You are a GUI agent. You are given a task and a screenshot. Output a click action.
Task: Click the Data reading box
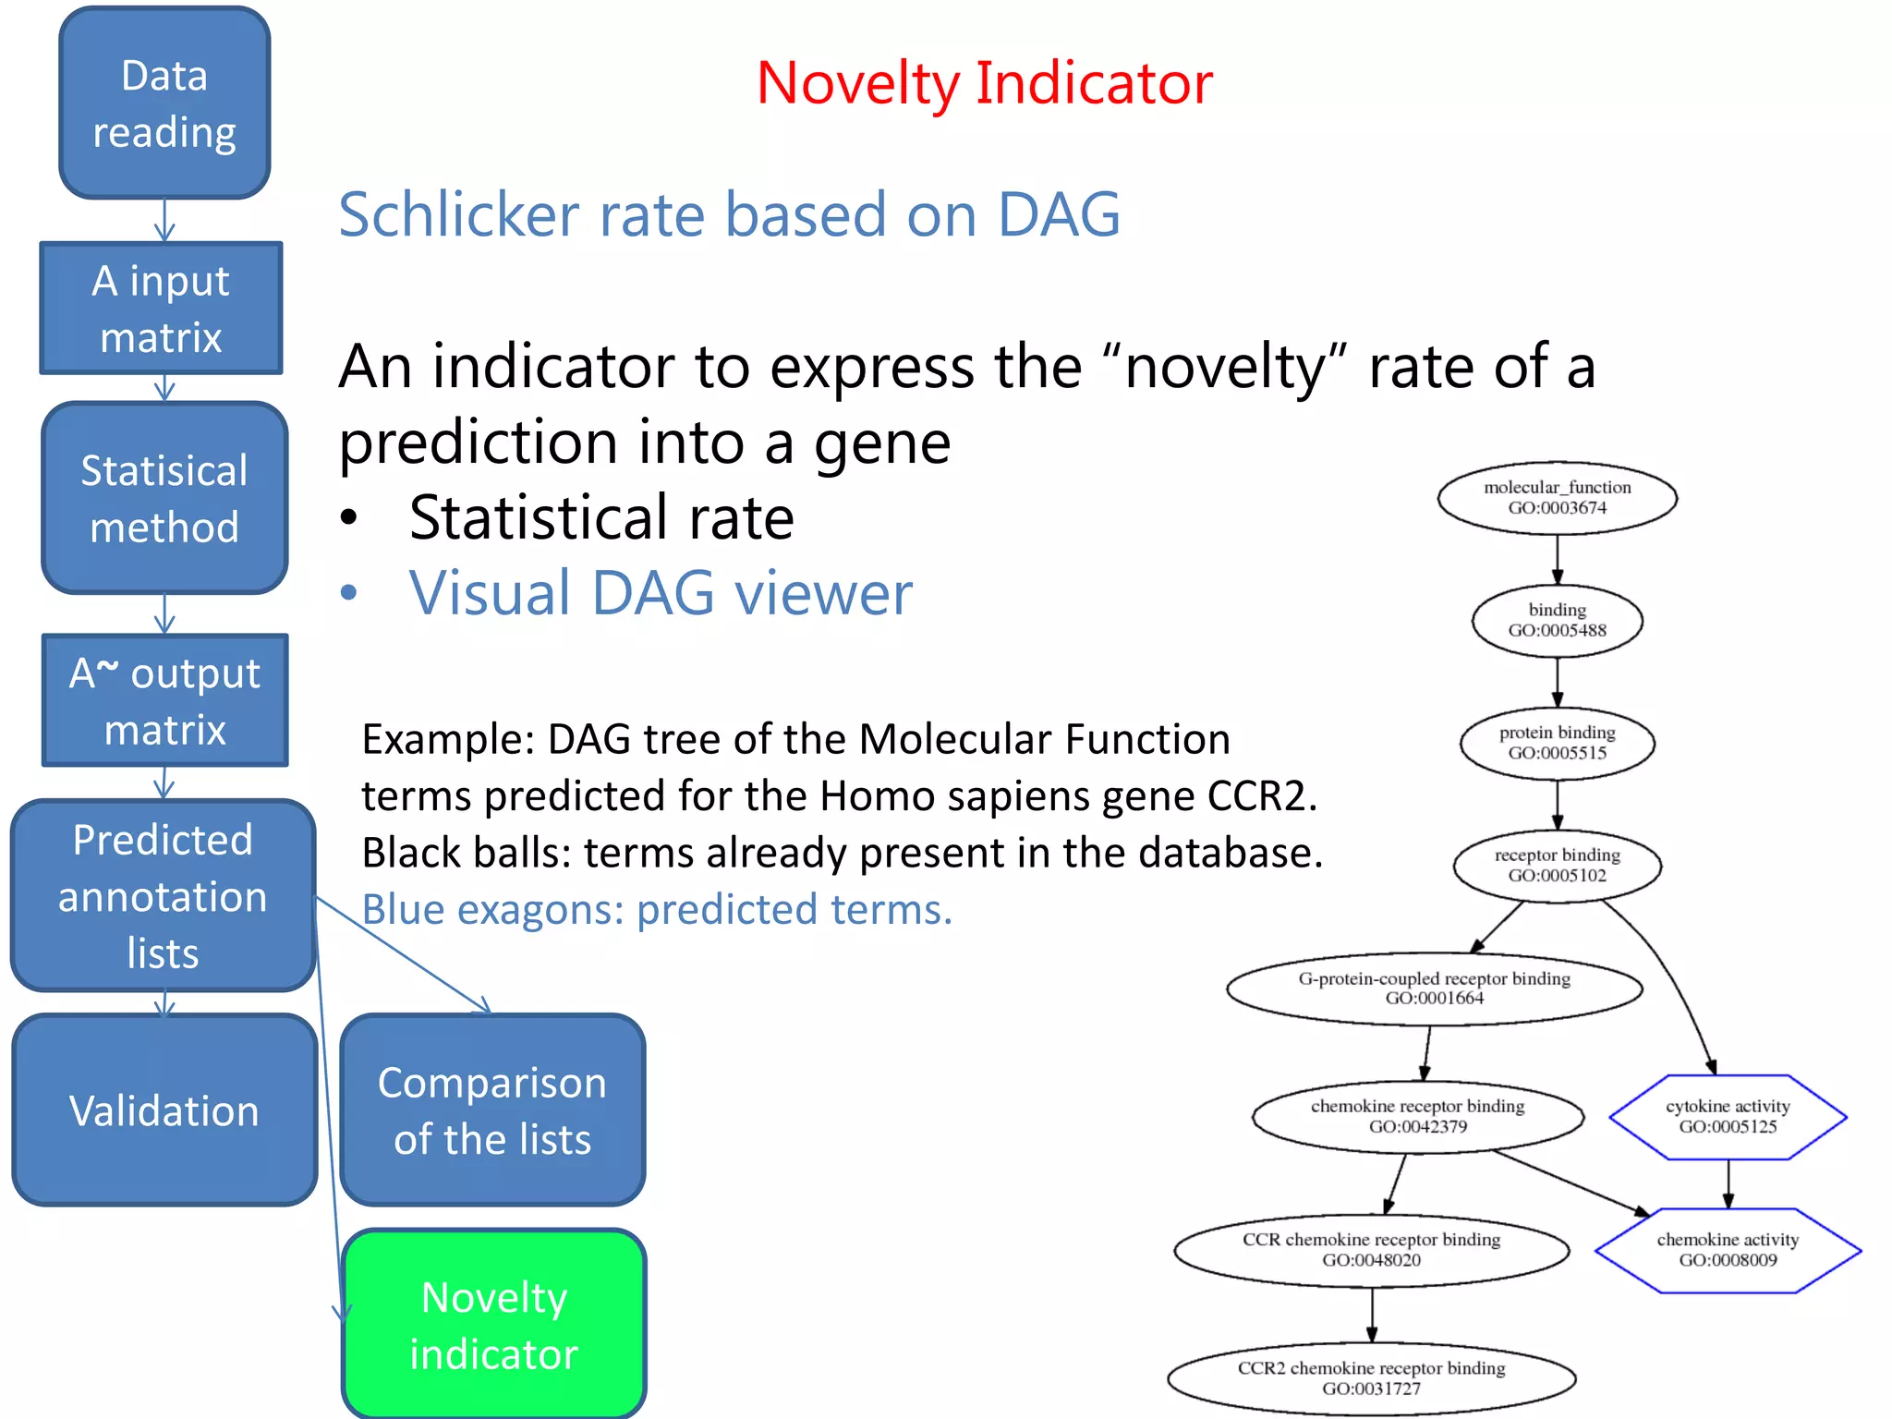pyautogui.click(x=164, y=103)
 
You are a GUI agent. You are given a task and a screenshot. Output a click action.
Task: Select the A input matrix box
pyautogui.click(x=161, y=309)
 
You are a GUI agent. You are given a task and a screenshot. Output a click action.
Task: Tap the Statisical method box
pyautogui.click(x=164, y=499)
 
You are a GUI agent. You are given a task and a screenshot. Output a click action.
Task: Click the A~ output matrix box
pyautogui.click(x=164, y=700)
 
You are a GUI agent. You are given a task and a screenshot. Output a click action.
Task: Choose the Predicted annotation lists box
pyautogui.click(x=163, y=896)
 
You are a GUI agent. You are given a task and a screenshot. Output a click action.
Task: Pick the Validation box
pyautogui.click(x=164, y=1110)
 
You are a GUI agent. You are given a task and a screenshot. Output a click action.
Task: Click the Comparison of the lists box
pyautogui.click(x=492, y=1110)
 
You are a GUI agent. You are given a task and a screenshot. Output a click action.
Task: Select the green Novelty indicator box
pyautogui.click(x=493, y=1325)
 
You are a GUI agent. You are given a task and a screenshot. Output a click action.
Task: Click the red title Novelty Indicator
pyautogui.click(x=984, y=83)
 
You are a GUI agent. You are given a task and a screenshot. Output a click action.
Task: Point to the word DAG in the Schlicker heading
pyautogui.click(x=1059, y=214)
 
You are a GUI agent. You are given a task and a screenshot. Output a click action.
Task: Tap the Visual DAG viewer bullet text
pyautogui.click(x=661, y=593)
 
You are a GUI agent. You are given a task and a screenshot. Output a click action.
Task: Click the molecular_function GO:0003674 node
pyautogui.click(x=1557, y=498)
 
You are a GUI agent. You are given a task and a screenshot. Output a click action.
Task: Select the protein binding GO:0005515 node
pyautogui.click(x=1557, y=743)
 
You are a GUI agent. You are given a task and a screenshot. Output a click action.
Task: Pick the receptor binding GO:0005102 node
pyautogui.click(x=1557, y=866)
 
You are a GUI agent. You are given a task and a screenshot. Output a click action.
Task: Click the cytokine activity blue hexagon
pyautogui.click(x=1728, y=1117)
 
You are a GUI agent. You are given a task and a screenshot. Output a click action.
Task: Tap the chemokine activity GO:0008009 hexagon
pyautogui.click(x=1728, y=1250)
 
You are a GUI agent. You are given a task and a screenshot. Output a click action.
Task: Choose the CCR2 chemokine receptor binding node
pyautogui.click(x=1371, y=1377)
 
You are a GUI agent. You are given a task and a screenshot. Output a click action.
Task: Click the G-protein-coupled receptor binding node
pyautogui.click(x=1434, y=988)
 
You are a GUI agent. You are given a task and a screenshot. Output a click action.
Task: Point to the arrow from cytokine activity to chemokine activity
pyautogui.click(x=1728, y=1183)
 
